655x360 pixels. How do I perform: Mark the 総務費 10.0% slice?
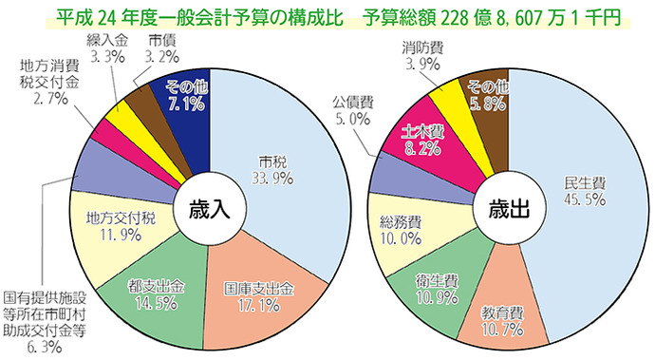[400, 227]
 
